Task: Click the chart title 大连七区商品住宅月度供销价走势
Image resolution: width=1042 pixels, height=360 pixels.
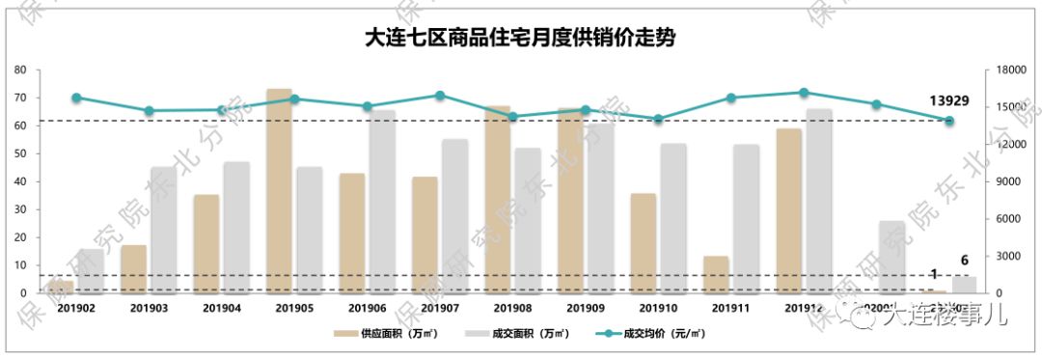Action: (x=520, y=38)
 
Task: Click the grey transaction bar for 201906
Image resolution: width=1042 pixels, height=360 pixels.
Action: (x=382, y=202)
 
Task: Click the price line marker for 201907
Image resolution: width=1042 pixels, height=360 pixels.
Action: (x=440, y=96)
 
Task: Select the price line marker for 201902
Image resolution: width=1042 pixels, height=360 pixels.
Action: (x=76, y=97)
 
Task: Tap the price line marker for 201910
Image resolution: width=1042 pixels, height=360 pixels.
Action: (x=658, y=119)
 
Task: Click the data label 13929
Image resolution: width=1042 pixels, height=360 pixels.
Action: (x=948, y=100)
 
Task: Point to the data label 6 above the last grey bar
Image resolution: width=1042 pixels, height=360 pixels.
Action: (x=964, y=261)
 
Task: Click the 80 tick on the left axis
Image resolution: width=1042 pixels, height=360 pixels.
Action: (x=19, y=69)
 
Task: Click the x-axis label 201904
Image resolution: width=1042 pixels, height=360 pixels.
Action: (x=222, y=308)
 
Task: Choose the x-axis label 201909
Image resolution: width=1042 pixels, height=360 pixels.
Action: (x=586, y=308)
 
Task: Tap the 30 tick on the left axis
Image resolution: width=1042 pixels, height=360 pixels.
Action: (x=19, y=209)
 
